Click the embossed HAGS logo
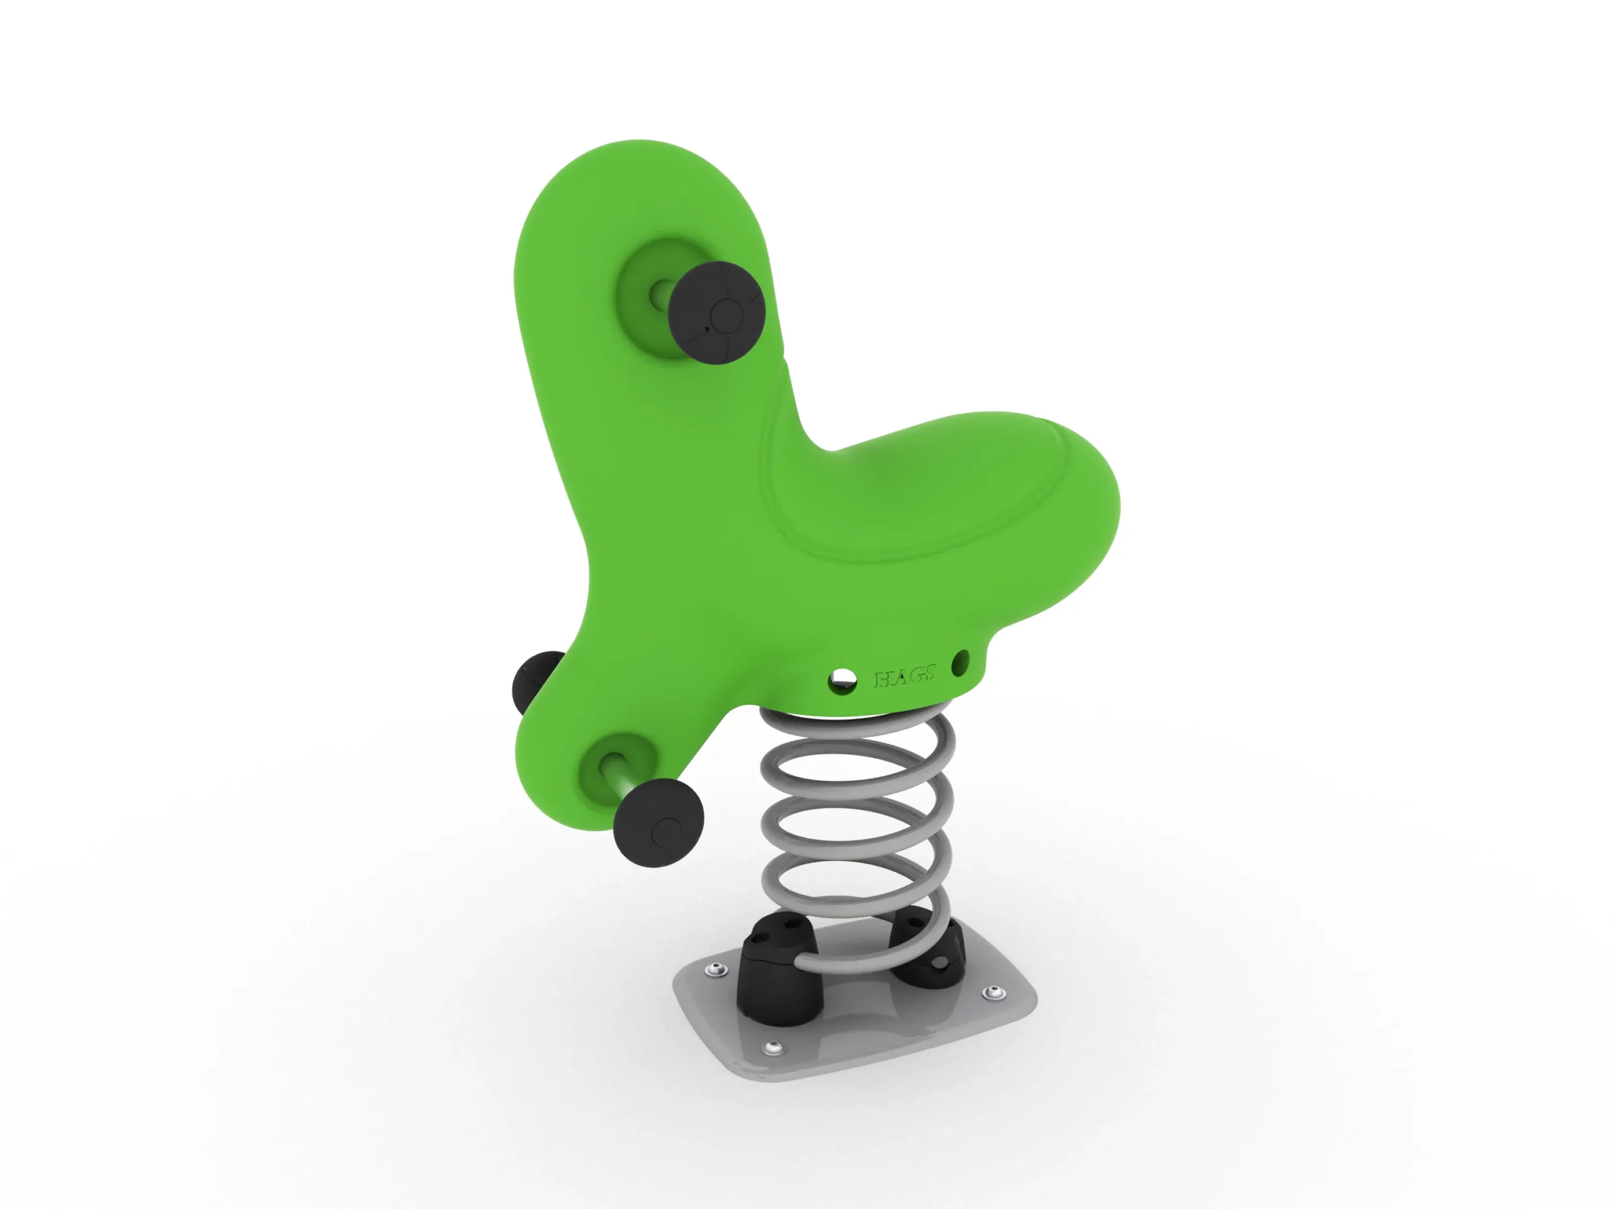point(904,677)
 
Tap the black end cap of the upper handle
point(716,314)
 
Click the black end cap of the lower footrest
point(658,823)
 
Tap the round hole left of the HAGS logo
point(842,681)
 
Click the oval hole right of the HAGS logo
point(961,662)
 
